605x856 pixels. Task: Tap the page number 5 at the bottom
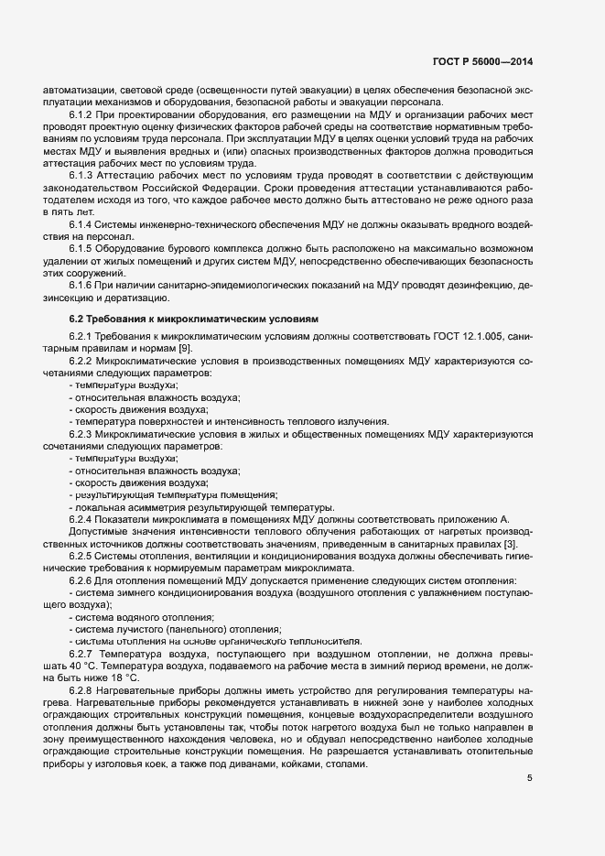click(529, 779)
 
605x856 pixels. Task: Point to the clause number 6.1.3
click(82, 174)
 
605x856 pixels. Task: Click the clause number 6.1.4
click(82, 223)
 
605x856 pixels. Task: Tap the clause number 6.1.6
click(82, 284)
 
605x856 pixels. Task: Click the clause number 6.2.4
click(82, 519)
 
